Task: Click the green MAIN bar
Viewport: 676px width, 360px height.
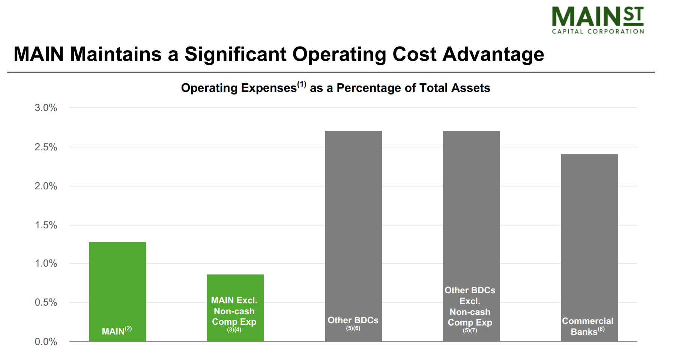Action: coord(117,285)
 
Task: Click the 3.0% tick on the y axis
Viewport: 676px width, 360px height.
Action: coord(46,108)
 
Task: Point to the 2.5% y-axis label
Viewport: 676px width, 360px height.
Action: coord(46,147)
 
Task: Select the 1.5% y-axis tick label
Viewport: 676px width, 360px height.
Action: coord(46,225)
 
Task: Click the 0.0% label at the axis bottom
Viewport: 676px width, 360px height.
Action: coord(46,342)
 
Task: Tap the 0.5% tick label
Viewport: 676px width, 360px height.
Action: coord(46,303)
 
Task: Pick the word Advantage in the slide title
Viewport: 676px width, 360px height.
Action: coord(493,54)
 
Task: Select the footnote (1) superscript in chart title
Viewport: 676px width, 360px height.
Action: coord(302,84)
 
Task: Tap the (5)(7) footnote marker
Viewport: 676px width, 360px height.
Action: coord(470,330)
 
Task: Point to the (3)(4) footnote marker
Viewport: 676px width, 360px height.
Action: coord(234,330)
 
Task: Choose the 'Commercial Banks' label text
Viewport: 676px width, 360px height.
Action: coord(587,326)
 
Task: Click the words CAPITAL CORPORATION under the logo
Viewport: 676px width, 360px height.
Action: coord(598,31)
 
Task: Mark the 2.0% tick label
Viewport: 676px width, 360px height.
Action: coord(46,186)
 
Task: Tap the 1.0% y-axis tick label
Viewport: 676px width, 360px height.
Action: coord(46,264)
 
